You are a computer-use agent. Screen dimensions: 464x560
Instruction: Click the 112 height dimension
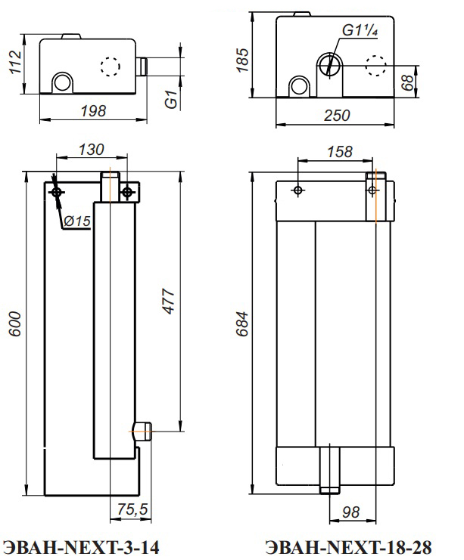coord(15,62)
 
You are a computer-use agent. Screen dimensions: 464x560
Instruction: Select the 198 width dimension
coord(93,111)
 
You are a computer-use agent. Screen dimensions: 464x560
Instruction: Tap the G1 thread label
coord(171,100)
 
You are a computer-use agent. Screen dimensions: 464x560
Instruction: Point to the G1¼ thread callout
coord(360,30)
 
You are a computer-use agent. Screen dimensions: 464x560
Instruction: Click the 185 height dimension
coord(242,60)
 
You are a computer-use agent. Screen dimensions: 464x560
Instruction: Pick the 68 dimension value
coord(407,82)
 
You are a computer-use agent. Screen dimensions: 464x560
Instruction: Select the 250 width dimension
coord(337,116)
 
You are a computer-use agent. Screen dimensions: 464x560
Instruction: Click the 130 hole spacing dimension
coord(92,150)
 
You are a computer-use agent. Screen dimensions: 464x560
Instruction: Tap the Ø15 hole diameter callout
coord(77,221)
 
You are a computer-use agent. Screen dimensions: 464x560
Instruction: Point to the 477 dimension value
coord(169,302)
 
